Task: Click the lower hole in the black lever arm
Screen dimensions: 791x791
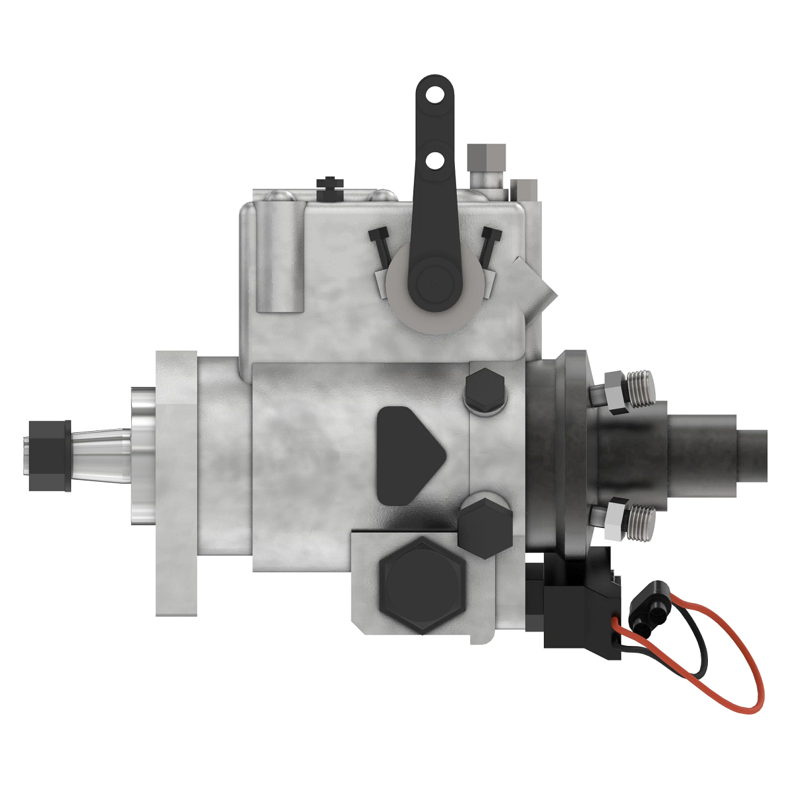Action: pos(434,160)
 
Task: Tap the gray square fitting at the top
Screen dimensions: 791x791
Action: pos(486,156)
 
